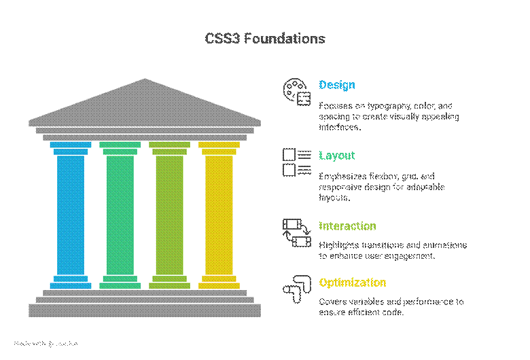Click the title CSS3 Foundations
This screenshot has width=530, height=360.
click(x=265, y=39)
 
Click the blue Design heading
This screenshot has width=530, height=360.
click(x=337, y=86)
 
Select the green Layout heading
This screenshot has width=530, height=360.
click(x=337, y=156)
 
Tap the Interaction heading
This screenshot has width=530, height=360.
click(x=347, y=226)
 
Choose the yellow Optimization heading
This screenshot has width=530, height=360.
click(x=352, y=283)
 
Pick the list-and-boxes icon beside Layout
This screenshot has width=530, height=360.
click(x=296, y=162)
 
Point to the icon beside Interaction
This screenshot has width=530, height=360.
click(x=296, y=233)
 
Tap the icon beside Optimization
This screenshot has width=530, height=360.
click(x=296, y=289)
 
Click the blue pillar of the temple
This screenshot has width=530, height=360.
click(x=71, y=214)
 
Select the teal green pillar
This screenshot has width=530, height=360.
click(x=120, y=214)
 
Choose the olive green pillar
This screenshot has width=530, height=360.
click(x=169, y=214)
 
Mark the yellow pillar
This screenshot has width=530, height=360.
click(x=219, y=214)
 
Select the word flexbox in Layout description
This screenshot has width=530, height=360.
click(x=387, y=177)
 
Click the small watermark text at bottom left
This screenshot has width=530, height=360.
click(x=46, y=344)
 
